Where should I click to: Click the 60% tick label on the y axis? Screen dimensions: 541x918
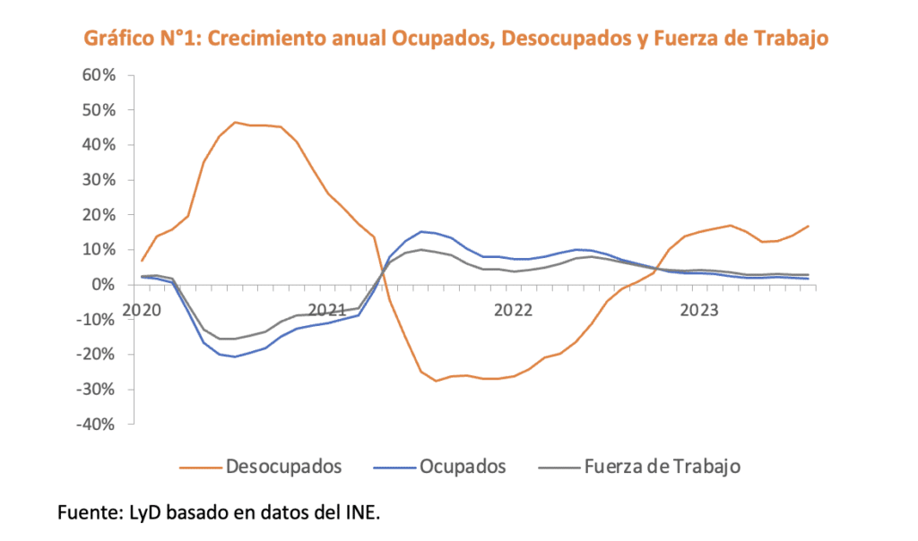click(x=100, y=75)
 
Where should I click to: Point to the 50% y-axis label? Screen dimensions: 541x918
click(x=100, y=110)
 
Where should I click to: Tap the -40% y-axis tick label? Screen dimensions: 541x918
click(x=96, y=424)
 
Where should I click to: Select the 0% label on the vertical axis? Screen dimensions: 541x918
click(x=104, y=285)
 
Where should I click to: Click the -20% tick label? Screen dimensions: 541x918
click(x=96, y=354)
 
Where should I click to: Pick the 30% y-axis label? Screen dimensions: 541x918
click(x=100, y=180)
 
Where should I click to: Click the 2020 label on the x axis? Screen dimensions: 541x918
click(x=142, y=310)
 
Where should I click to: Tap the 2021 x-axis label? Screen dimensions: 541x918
click(x=328, y=310)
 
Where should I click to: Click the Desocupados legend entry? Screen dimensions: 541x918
click(x=283, y=466)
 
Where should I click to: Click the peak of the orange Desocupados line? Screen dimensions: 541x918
click(x=235, y=122)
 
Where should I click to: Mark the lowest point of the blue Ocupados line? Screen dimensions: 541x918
click(x=235, y=356)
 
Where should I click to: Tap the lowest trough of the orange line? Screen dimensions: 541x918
click(x=436, y=381)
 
